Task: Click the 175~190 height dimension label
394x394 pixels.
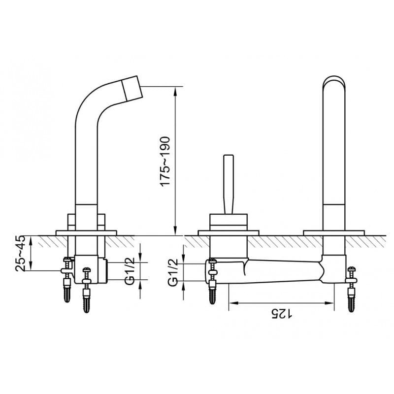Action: point(165,162)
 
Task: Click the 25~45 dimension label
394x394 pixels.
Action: point(21,253)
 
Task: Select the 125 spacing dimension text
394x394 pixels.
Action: point(281,314)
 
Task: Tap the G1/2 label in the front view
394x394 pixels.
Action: point(173,273)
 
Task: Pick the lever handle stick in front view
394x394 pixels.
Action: point(229,184)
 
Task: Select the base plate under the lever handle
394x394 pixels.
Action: point(229,233)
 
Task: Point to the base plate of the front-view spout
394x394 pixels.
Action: point(334,233)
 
